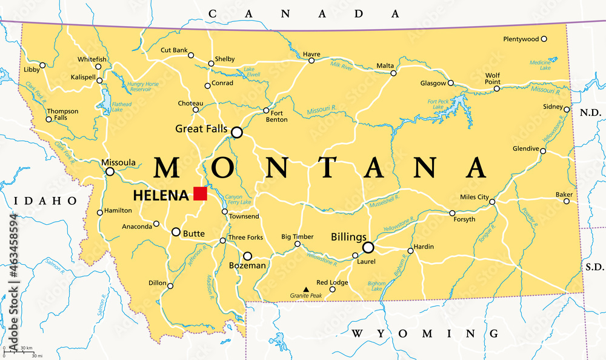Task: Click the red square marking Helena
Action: coord(200,193)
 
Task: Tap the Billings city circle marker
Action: coord(368,247)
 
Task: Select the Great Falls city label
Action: coord(201,128)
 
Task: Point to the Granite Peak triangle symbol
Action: coord(305,289)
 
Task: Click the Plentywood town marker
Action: coord(544,39)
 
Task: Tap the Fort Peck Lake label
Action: coord(438,104)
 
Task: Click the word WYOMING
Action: coord(425,333)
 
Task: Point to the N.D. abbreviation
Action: coord(589,113)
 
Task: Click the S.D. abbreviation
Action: coord(590,266)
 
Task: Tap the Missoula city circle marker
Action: coord(110,172)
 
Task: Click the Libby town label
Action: coord(32,70)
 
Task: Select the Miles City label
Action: coord(474,197)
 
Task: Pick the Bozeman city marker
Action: coord(247,256)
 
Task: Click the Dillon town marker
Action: coord(170,286)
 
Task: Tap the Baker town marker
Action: coord(567,201)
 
